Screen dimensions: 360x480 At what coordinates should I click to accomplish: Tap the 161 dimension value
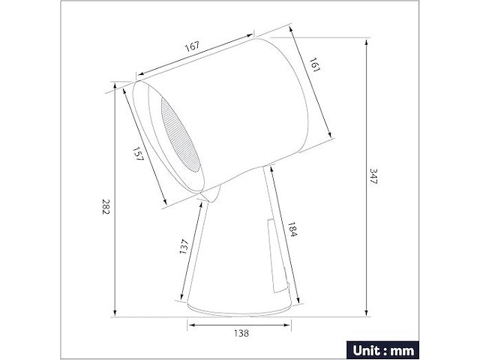click(x=315, y=66)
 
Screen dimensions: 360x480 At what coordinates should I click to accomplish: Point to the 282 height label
click(x=105, y=208)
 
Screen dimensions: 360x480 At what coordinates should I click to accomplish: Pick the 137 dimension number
click(x=184, y=247)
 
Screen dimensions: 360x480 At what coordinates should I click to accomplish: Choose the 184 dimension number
click(x=291, y=229)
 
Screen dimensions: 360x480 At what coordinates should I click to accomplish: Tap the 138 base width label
click(x=239, y=332)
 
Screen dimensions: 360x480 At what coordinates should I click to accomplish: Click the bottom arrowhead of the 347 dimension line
click(x=365, y=313)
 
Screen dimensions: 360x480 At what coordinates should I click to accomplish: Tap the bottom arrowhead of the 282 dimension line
click(x=115, y=313)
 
